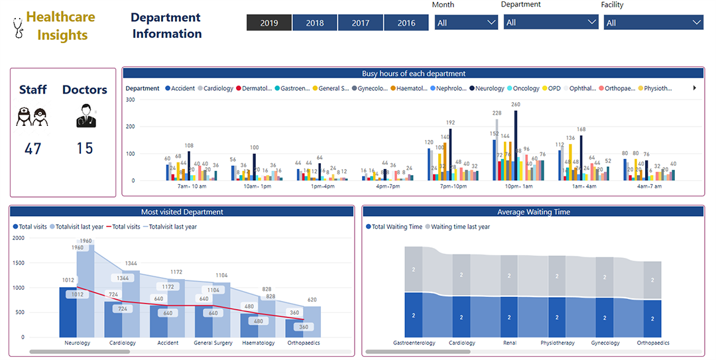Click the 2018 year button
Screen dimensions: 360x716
[x=315, y=23]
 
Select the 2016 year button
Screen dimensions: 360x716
[x=406, y=23]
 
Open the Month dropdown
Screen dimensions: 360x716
[x=466, y=23]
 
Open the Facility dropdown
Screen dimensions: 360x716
[x=653, y=23]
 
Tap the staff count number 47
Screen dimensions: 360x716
[x=33, y=149]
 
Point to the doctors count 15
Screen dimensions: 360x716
[x=84, y=149]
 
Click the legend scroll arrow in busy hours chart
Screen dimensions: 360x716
[x=694, y=88]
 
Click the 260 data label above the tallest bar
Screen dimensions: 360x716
[x=516, y=105]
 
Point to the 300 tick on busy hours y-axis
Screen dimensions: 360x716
[x=130, y=100]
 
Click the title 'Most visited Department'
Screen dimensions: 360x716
[x=182, y=212]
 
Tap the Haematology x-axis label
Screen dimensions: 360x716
[x=259, y=343]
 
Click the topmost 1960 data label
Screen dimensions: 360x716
[x=86, y=241]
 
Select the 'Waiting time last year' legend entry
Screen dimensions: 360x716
[x=460, y=227]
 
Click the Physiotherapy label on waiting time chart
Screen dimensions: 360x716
[x=557, y=343]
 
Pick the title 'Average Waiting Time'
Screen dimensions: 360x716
[x=533, y=212]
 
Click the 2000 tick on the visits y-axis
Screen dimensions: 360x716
[x=19, y=238]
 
